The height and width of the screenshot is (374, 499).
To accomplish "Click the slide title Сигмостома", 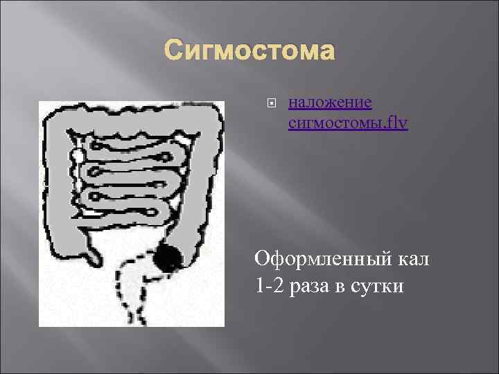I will click(x=249, y=52).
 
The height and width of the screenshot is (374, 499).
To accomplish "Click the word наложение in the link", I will click(x=330, y=103).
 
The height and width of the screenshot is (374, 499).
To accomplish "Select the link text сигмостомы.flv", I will click(x=347, y=123).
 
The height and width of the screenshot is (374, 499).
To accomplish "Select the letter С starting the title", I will click(x=174, y=52).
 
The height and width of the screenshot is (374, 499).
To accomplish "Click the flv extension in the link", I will click(x=399, y=123).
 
